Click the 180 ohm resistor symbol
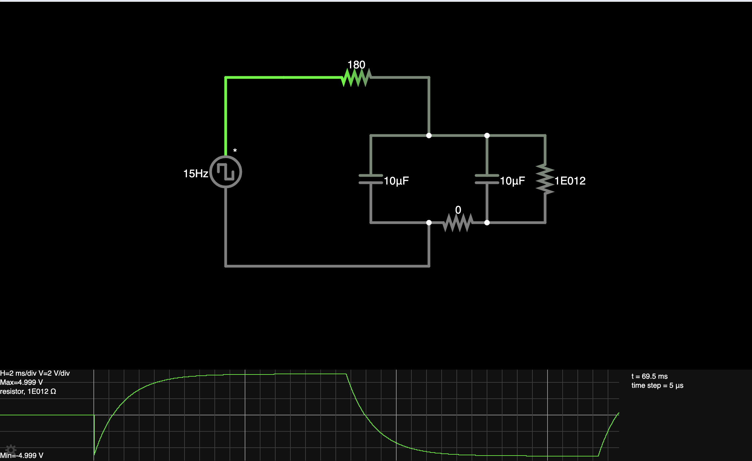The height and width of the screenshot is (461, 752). (x=356, y=77)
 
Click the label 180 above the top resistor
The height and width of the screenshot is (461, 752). (x=356, y=65)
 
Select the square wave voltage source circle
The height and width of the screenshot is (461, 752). (x=226, y=172)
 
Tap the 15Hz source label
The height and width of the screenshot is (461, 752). (x=195, y=174)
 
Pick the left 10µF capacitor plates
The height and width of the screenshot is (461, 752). (x=371, y=179)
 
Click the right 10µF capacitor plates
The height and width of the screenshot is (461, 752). (x=487, y=179)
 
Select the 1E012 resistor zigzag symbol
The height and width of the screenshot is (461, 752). (x=545, y=179)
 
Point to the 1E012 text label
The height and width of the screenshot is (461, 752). (x=570, y=181)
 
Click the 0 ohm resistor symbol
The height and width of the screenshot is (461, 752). (x=458, y=222)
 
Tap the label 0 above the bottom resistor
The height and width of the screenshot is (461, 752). (x=458, y=210)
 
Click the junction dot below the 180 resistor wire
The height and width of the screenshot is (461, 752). (x=429, y=136)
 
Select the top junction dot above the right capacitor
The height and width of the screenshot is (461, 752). (x=487, y=136)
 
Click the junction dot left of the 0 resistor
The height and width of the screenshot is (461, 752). (x=429, y=222)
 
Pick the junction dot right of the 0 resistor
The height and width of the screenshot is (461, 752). (x=487, y=222)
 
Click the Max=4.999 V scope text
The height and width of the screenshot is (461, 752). (x=21, y=382)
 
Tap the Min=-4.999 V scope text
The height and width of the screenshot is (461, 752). (x=22, y=456)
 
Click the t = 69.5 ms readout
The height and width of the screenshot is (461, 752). (x=649, y=376)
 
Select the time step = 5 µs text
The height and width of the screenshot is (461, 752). (x=657, y=385)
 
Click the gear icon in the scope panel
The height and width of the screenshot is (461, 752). (x=11, y=450)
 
